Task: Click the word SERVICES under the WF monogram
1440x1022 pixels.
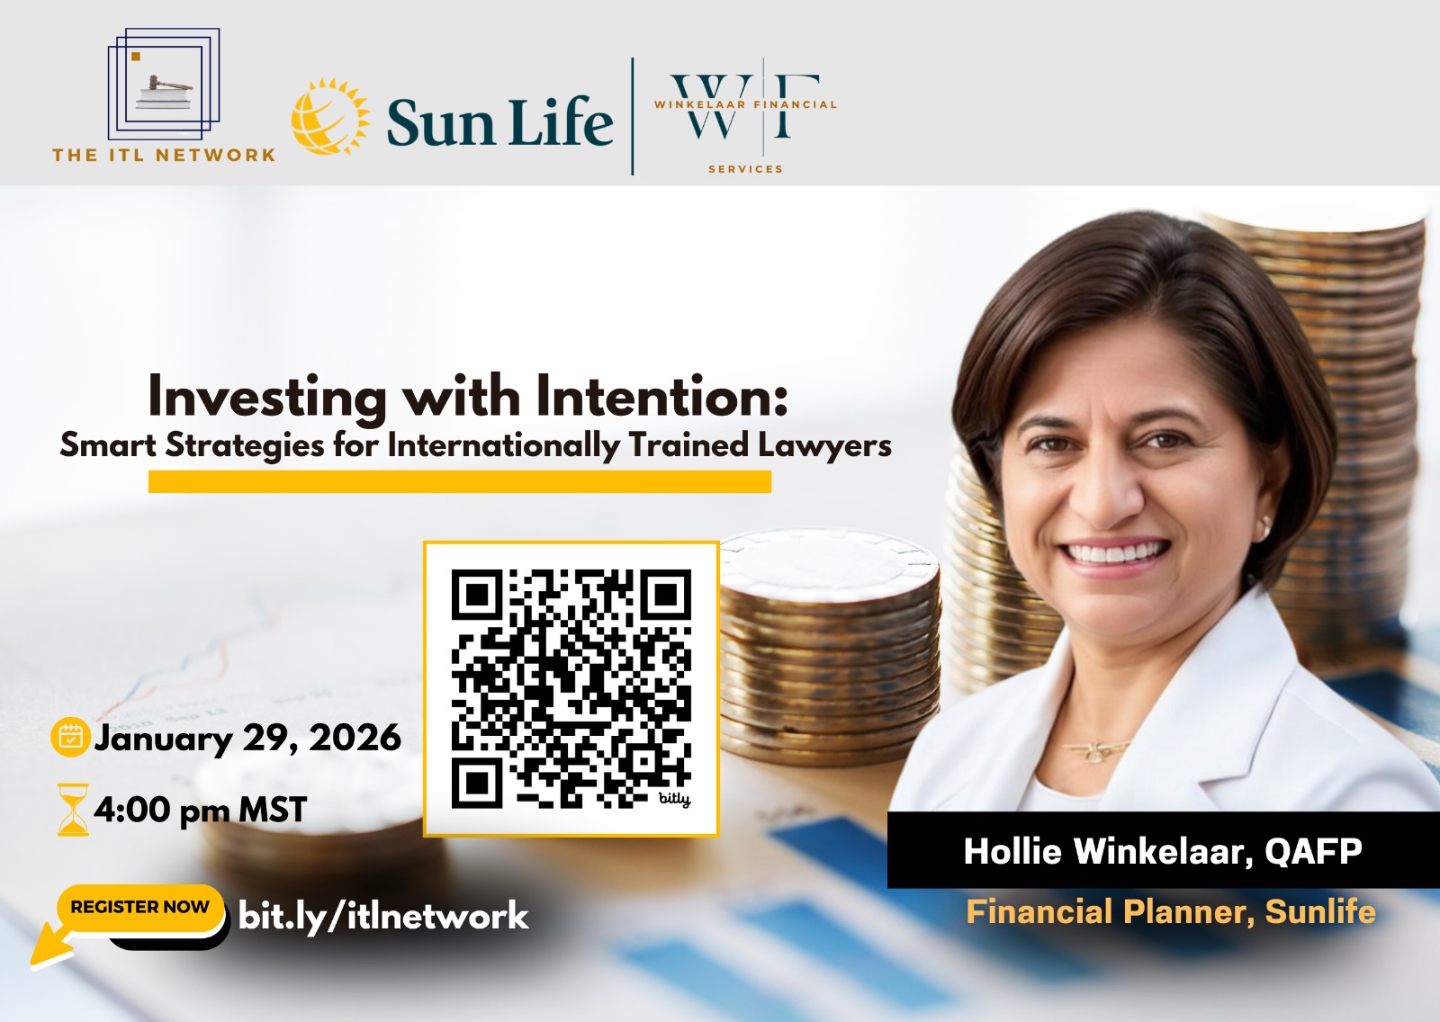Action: point(745,168)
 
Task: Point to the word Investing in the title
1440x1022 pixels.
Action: point(267,397)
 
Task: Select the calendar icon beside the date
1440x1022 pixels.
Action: point(69,737)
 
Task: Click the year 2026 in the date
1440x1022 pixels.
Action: point(355,738)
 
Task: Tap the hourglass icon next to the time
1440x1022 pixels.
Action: point(73,810)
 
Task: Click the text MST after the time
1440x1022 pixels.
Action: point(272,811)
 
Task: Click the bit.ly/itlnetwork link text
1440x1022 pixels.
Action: point(383,916)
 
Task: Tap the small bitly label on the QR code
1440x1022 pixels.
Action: point(674,798)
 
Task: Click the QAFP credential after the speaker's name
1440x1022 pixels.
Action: point(1313,851)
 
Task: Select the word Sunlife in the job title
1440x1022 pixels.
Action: point(1320,911)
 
